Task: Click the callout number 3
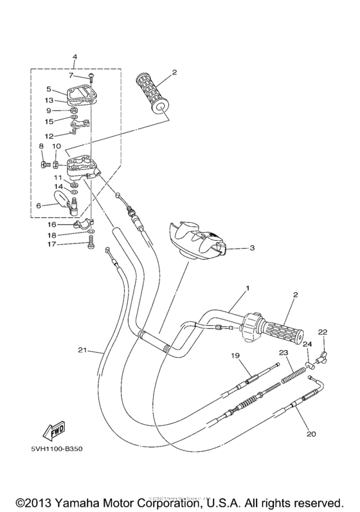[x=252, y=247]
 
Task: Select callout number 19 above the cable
[x=235, y=355]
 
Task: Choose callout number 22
[x=322, y=331]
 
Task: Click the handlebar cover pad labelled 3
[x=196, y=240]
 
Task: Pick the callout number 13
[x=49, y=100]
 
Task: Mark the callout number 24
[x=307, y=344]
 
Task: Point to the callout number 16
[x=52, y=225]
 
